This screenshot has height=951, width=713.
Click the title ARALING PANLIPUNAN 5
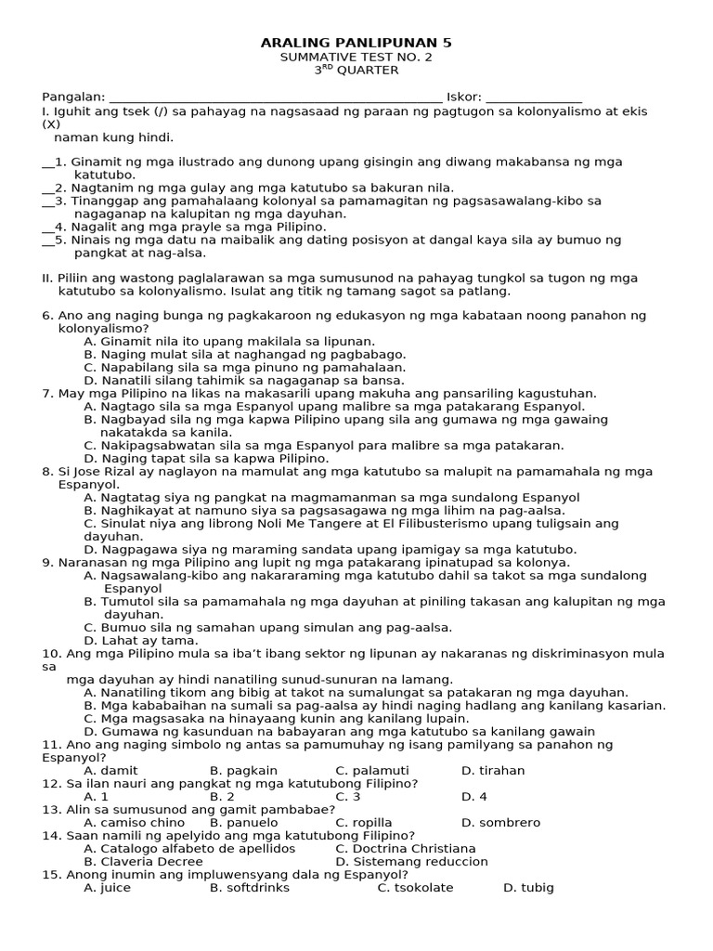pos(356,43)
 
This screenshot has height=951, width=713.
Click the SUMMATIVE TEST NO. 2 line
pos(356,57)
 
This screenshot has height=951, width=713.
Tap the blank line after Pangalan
pos(276,98)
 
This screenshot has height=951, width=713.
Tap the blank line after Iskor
pos(534,98)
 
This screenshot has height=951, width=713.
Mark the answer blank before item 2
pos(48,188)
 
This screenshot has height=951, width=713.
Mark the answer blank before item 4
pos(48,227)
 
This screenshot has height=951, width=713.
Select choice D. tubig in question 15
pos(528,888)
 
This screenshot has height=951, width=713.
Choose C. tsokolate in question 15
pos(415,888)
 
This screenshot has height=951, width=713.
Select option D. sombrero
pos(500,823)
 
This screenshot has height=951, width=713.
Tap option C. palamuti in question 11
pos(371,771)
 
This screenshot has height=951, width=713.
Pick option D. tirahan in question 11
pos(492,771)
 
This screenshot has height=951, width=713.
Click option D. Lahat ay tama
pos(141,641)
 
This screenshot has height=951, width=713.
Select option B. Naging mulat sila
pos(244,355)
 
